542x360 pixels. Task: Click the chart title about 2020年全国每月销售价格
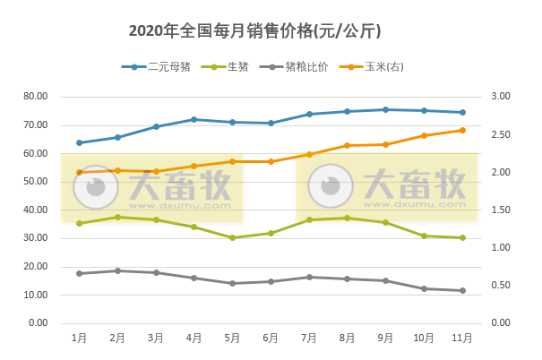pyautogui.click(x=255, y=31)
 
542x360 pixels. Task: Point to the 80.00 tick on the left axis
pyautogui.click(x=36, y=96)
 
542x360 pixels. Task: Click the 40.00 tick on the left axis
pyautogui.click(x=36, y=210)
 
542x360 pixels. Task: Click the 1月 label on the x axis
pyautogui.click(x=79, y=337)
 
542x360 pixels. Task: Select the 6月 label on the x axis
pyautogui.click(x=271, y=337)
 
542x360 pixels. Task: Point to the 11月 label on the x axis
pyautogui.click(x=462, y=337)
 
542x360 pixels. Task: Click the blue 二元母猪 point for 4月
pyautogui.click(x=194, y=119)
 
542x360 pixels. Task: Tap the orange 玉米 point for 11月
pyautogui.click(x=462, y=130)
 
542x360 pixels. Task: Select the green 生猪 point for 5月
pyautogui.click(x=232, y=237)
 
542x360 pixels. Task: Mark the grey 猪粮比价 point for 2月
pyautogui.click(x=117, y=270)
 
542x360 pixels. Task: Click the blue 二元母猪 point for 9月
pyautogui.click(x=385, y=109)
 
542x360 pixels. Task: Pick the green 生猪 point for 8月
pyautogui.click(x=347, y=218)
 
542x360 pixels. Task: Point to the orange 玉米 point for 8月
pyautogui.click(x=347, y=145)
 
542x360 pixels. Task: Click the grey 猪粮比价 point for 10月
pyautogui.click(x=424, y=288)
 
